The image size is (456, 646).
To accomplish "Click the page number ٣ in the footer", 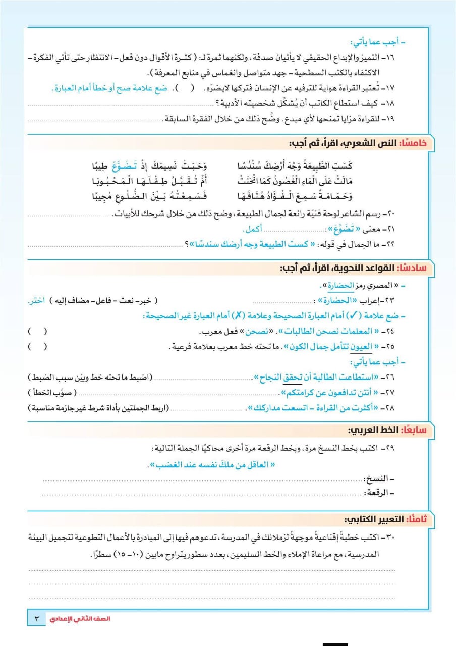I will tap(36, 619).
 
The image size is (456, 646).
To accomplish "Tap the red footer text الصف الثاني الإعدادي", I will tap(72, 619).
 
